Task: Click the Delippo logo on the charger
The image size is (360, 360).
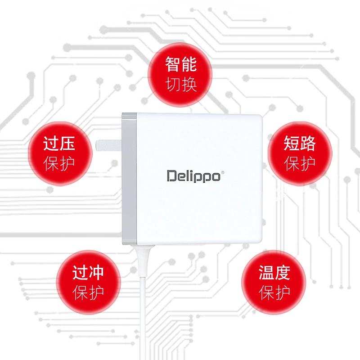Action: pos(195,176)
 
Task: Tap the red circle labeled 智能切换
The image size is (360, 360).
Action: pos(180,75)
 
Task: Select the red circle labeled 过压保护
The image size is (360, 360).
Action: pos(60,153)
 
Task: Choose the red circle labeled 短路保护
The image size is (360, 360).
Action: pos(300,153)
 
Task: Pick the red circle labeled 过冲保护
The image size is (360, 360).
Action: pos(88,282)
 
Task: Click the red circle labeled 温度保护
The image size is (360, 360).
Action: pos(274,282)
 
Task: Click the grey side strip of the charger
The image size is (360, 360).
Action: pos(129,179)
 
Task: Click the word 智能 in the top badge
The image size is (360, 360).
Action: pos(181,64)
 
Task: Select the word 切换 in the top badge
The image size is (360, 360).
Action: pos(181,85)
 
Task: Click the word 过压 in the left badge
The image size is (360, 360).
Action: pos(59,143)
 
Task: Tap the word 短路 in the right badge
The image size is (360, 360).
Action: pos(299,143)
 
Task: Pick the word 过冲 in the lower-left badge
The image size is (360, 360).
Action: pos(88,273)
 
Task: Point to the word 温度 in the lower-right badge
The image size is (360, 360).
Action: pos(274,273)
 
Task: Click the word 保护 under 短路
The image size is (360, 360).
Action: pos(299,163)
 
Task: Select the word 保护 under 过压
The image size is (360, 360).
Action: pos(59,163)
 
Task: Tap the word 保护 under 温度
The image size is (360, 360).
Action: pos(274,293)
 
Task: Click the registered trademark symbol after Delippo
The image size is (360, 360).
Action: pos(222,172)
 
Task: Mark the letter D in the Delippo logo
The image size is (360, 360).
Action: pos(171,176)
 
